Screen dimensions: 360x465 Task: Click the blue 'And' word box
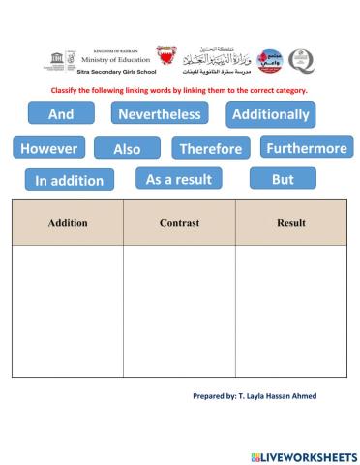click(x=60, y=114)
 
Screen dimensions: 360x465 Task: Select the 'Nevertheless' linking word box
click(x=160, y=114)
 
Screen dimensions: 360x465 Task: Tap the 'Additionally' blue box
click(x=271, y=114)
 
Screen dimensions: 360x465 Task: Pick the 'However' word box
click(x=48, y=149)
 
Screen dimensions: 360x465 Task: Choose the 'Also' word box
click(x=127, y=149)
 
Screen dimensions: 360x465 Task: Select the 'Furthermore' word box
click(x=307, y=148)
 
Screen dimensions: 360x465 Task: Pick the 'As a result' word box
click(x=178, y=179)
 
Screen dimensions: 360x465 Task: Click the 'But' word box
click(x=283, y=179)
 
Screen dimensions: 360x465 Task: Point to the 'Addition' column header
click(x=68, y=223)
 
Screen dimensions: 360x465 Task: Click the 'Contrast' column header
click(x=179, y=223)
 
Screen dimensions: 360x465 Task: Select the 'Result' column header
click(x=291, y=223)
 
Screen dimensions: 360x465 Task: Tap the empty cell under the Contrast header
click(x=179, y=310)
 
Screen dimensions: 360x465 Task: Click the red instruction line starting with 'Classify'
click(x=178, y=90)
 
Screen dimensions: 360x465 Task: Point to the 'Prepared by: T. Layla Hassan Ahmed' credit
click(x=255, y=397)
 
